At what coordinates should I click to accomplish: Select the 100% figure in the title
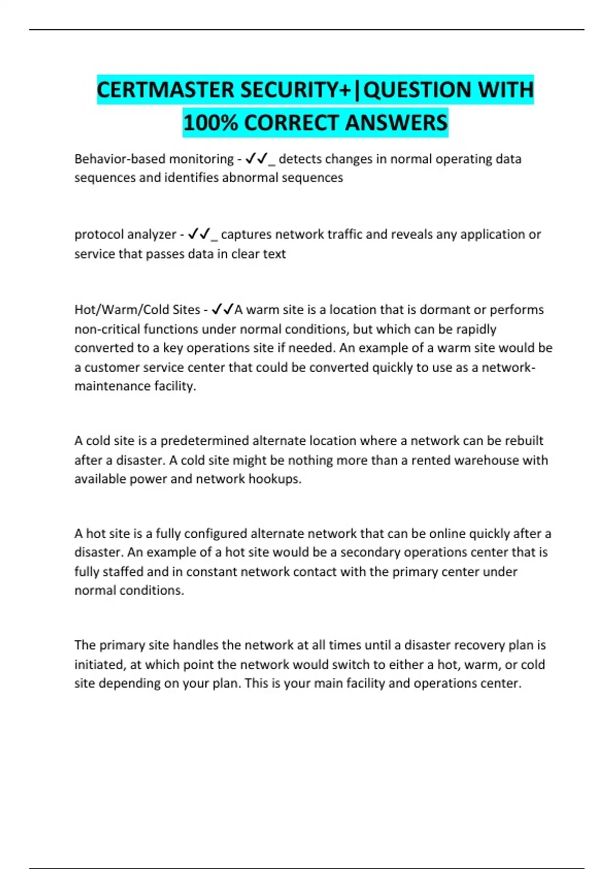(210, 123)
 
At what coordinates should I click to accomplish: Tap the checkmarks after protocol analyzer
(200, 234)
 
